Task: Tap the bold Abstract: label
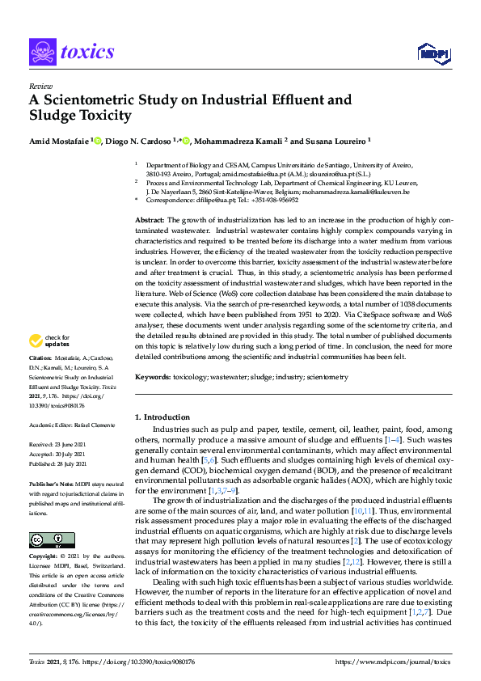[x=150, y=221]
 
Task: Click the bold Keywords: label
[x=152, y=377]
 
